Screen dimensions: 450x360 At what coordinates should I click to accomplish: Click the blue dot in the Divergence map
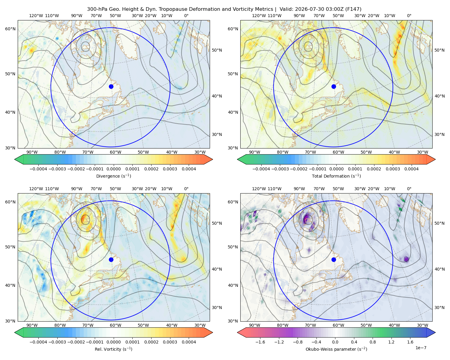point(111,86)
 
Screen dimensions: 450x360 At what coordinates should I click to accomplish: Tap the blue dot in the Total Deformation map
point(334,86)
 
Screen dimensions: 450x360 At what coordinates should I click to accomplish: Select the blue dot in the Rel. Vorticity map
point(111,259)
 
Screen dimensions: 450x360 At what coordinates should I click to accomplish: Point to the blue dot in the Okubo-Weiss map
point(334,259)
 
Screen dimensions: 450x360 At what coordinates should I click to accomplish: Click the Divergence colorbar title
point(113,176)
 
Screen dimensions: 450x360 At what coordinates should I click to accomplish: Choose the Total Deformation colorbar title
point(336,176)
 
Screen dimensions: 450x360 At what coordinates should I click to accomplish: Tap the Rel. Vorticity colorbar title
point(113,349)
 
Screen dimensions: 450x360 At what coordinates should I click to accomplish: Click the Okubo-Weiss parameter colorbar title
point(336,349)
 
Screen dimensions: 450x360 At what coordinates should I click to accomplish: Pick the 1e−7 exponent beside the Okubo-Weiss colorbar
point(421,348)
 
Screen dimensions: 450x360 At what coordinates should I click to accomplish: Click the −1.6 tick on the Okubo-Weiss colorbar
point(260,342)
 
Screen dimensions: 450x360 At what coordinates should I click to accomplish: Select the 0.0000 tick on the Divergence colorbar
point(113,169)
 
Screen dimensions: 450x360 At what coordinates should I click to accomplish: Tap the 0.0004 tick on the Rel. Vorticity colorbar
point(189,342)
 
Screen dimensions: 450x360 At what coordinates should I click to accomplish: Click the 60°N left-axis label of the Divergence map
point(10,29)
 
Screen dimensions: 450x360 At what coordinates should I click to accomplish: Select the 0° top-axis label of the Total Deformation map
point(409,16)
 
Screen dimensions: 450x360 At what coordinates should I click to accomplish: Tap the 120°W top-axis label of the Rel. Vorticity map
point(36,188)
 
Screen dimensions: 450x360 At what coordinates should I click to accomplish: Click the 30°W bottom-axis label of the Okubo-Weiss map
point(422,325)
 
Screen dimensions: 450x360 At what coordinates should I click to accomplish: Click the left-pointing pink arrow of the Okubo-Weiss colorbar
point(241,332)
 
